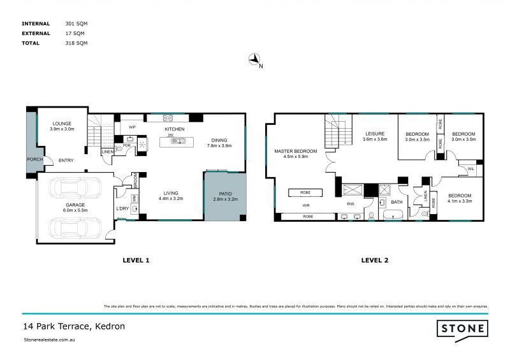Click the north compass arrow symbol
(x=255, y=60)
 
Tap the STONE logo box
(x=462, y=329)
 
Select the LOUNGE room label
(x=62, y=123)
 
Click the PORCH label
(x=34, y=159)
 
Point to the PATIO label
(x=224, y=193)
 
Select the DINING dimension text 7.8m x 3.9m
(x=219, y=145)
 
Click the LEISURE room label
(x=375, y=133)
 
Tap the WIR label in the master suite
(x=307, y=206)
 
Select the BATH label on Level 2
(x=397, y=202)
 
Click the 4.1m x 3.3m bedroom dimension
(x=459, y=201)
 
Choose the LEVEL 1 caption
(x=135, y=260)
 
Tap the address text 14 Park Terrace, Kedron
(x=73, y=326)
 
